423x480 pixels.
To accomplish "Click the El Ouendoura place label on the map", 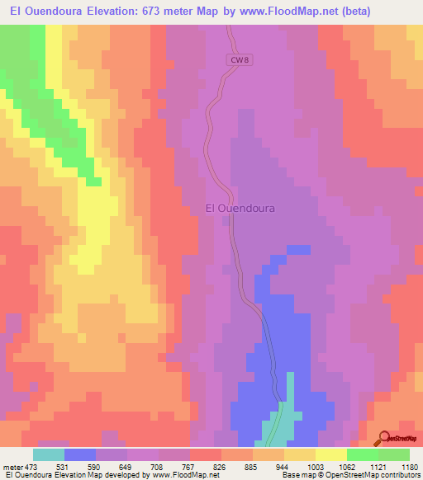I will click(240, 209).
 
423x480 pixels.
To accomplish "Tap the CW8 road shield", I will click(238, 60).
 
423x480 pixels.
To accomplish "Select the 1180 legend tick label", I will click(410, 466).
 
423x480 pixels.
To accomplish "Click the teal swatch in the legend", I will click(49, 454).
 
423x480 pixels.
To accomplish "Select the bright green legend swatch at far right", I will click(394, 454).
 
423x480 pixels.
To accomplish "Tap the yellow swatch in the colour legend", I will click(331, 454).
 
